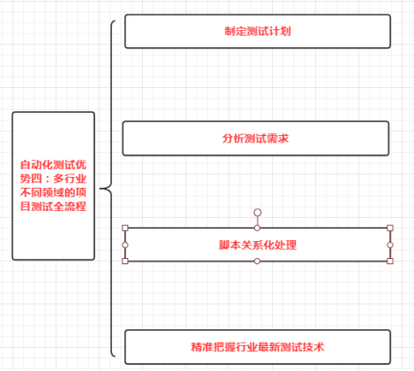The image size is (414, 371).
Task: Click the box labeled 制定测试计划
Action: pos(258,31)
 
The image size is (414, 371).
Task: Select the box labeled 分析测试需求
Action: pos(256,139)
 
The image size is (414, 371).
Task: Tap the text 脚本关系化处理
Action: pos(258,245)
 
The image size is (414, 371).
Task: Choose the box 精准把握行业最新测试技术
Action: pos(258,345)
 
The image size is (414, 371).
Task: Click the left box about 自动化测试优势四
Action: pos(53,185)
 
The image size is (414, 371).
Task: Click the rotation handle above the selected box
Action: pos(258,213)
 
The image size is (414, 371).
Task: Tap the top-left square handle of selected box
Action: pos(125,229)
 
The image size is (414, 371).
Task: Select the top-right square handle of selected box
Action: pos(390,229)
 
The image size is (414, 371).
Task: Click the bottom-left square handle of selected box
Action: pos(125,261)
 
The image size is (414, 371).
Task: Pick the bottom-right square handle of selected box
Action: pos(390,261)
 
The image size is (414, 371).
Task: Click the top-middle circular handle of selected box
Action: pos(258,229)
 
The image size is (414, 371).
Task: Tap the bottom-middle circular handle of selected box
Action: pos(258,261)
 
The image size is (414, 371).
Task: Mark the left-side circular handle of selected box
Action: pos(125,245)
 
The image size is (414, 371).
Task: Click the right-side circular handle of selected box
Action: pos(390,245)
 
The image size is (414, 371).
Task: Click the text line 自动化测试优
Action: pos(53,165)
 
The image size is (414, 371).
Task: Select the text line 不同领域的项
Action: pos(53,192)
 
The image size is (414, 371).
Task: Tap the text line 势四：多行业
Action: pos(53,178)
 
